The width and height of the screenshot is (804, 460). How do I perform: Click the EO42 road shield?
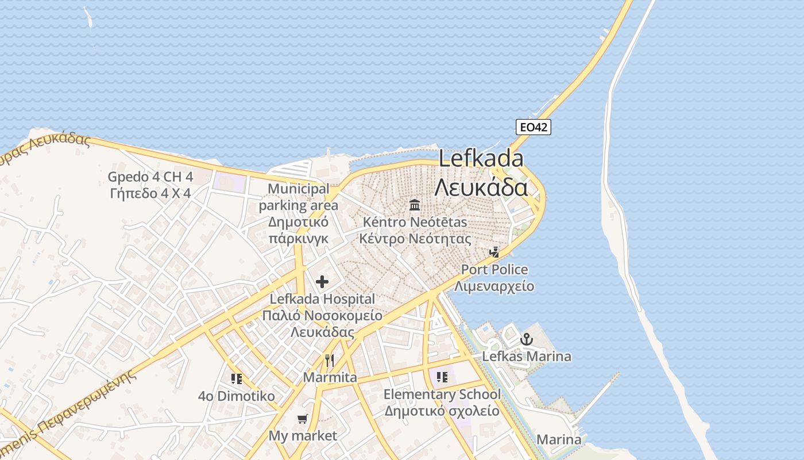(533, 127)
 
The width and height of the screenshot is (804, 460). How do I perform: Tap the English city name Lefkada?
(481, 158)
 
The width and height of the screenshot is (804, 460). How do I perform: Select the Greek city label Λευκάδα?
(481, 187)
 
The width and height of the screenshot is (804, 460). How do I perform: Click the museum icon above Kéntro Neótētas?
(415, 205)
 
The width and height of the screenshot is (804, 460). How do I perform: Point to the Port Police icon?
(494, 252)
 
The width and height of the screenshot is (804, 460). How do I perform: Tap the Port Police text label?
(494, 269)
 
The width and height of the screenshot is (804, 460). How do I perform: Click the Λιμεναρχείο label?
(494, 286)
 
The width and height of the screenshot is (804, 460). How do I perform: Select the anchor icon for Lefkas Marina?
(526, 340)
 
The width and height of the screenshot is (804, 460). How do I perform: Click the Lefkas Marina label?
(527, 356)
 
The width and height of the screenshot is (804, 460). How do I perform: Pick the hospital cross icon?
(322, 282)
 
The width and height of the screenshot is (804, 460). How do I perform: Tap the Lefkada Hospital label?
(322, 299)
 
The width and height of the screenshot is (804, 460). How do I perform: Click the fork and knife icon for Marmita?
(330, 361)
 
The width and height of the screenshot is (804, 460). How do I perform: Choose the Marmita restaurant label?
(330, 377)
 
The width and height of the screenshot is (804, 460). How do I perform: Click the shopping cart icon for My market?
(303, 419)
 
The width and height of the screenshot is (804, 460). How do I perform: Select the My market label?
(303, 436)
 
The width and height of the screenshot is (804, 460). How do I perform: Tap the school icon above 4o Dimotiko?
(236, 378)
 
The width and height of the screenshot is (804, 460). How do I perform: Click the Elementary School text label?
(442, 394)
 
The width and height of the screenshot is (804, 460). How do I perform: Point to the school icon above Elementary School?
(442, 377)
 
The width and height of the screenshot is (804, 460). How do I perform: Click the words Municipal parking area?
(299, 197)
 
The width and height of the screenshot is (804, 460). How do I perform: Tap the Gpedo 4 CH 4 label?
(150, 177)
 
